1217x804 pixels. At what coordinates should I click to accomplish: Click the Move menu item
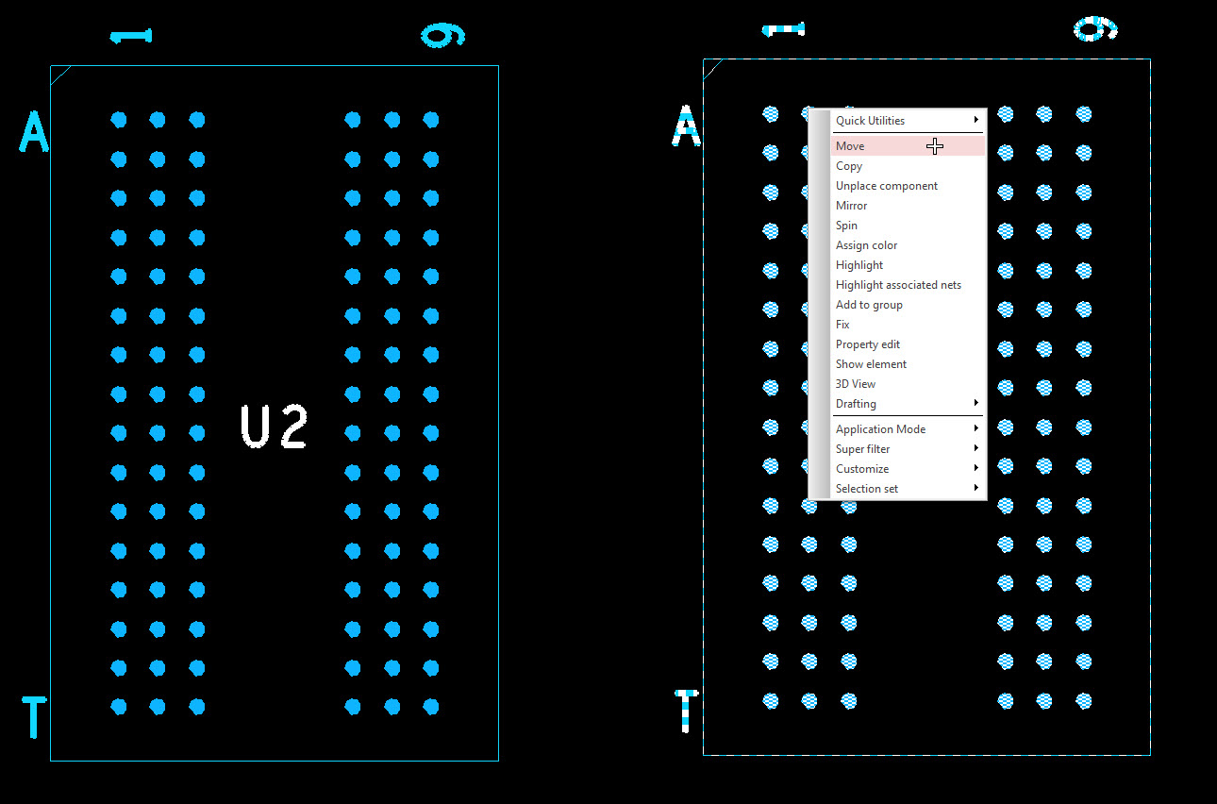coord(850,146)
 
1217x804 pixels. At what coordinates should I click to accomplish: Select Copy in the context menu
coord(849,166)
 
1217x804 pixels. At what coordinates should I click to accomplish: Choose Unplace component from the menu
coord(886,186)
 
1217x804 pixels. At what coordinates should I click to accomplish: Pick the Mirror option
coord(851,206)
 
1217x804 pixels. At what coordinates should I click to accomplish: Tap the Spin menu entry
coord(846,226)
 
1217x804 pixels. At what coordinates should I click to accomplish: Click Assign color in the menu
coord(866,245)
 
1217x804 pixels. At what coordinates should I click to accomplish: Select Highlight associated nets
coord(898,285)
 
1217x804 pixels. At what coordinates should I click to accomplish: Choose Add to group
coord(869,305)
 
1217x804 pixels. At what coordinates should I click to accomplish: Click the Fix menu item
coord(842,325)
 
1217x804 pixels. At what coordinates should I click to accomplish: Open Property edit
coord(867,344)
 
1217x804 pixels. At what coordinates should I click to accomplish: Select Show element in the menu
coord(871,364)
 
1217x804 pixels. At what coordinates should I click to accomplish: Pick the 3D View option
coord(855,384)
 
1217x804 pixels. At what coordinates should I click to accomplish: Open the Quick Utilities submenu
coord(870,121)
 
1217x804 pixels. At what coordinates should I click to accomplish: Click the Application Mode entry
coord(880,429)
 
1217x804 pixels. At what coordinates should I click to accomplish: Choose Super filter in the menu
coord(862,449)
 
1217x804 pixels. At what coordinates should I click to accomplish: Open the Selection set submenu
coord(867,489)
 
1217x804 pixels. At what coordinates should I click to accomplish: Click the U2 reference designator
coord(274,427)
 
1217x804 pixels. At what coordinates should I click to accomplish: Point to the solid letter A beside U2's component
coord(34,131)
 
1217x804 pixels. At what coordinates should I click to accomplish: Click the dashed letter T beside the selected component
coord(686,711)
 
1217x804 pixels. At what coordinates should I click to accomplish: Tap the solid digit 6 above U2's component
coord(442,36)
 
